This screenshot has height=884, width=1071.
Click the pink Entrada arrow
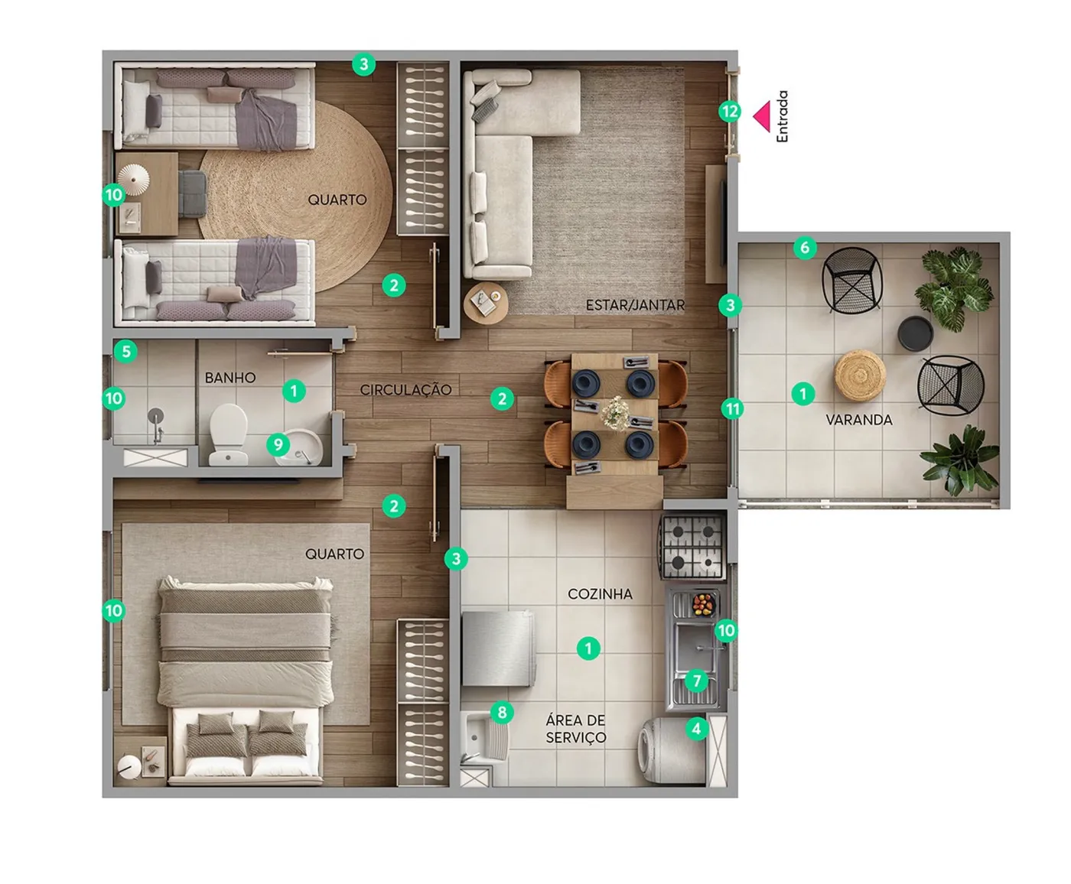pos(763,116)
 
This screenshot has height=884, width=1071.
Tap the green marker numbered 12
pos(730,112)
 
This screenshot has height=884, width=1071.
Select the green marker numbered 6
pos(805,249)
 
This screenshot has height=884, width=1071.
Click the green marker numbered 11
pos(732,409)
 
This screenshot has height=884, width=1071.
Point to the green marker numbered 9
pos(278,444)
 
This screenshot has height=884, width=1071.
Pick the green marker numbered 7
pos(697,681)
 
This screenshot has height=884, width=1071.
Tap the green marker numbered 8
pos(502,712)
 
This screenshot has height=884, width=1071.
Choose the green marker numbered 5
pos(125,352)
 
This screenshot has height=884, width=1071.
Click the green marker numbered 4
pos(697,728)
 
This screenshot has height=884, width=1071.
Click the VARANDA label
pos(858,420)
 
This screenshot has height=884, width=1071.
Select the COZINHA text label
pos(600,593)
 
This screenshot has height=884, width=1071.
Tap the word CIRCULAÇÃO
pos(405,390)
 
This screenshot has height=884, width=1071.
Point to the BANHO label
pos(230,378)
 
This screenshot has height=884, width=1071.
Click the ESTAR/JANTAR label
pos(635,305)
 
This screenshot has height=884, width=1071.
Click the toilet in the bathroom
pos(229,434)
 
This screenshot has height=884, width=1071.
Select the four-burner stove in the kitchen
pos(693,547)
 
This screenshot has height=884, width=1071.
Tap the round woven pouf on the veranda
pos(860,374)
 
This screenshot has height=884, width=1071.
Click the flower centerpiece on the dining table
pos(616,412)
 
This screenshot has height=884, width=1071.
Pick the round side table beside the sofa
pos(486,303)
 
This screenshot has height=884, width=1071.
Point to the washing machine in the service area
pos(672,749)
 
